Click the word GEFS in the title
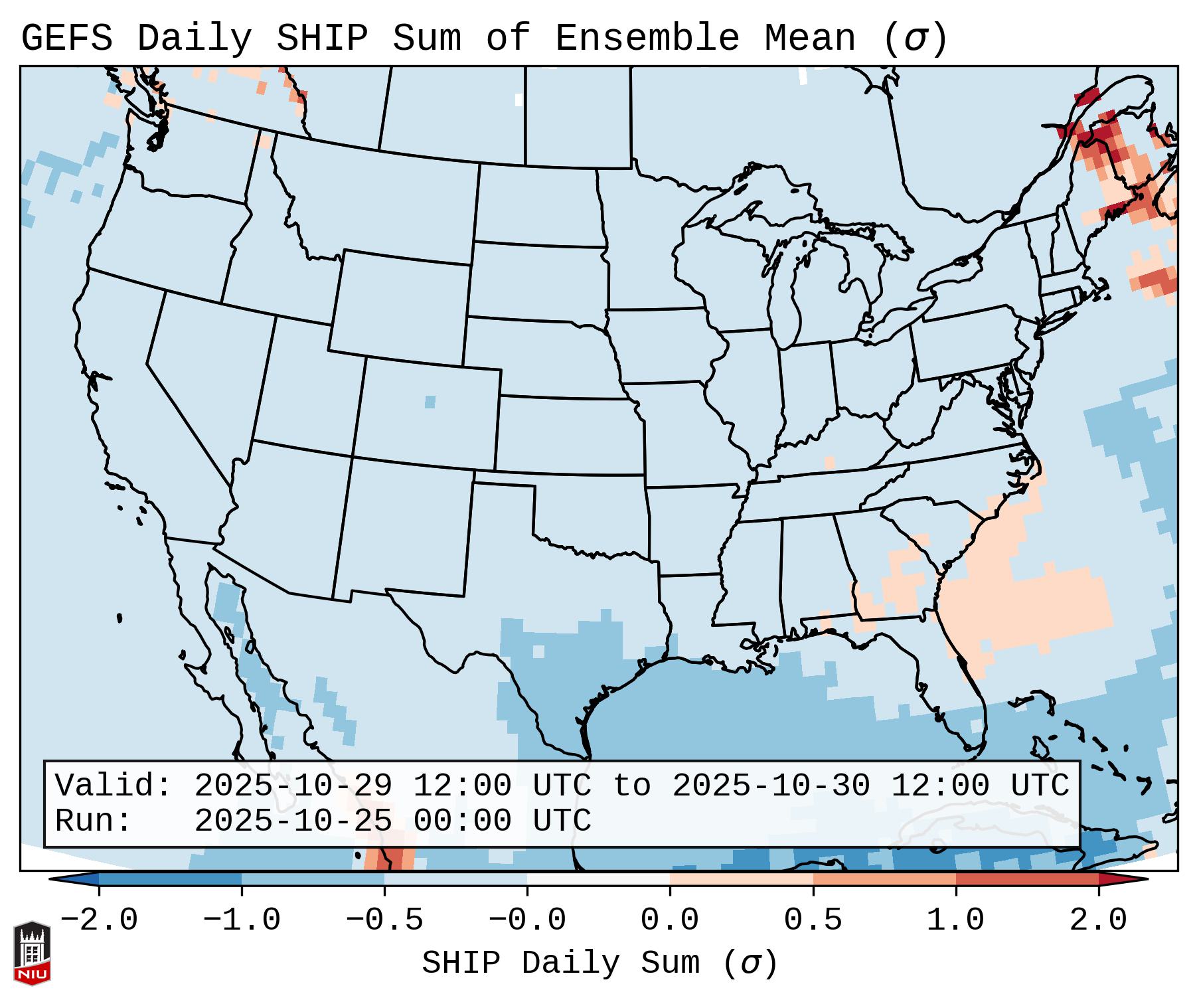pyautogui.click(x=66, y=39)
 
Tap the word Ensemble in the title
pyautogui.click(x=647, y=39)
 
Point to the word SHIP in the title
pyautogui.click(x=322, y=39)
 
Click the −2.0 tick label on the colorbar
pyautogui.click(x=99, y=920)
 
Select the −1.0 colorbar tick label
pyautogui.click(x=242, y=920)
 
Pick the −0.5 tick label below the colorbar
pyautogui.click(x=384, y=920)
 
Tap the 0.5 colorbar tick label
pyautogui.click(x=813, y=920)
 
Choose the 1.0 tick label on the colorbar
pyautogui.click(x=955, y=920)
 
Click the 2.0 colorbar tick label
pyautogui.click(x=1098, y=920)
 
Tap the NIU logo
pyautogui.click(x=32, y=953)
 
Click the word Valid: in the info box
pyautogui.click(x=113, y=786)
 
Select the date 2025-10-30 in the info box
pyautogui.click(x=771, y=786)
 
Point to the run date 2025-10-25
pyautogui.click(x=293, y=821)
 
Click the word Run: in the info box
pyautogui.click(x=93, y=821)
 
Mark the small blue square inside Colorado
pyautogui.click(x=430, y=402)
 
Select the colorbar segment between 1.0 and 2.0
pyautogui.click(x=1026, y=879)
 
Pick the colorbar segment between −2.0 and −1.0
pyautogui.click(x=170, y=879)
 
